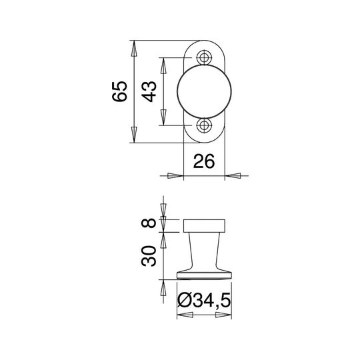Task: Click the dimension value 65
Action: pos(119,91)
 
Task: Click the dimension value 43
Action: pos(149,91)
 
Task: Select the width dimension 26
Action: pos(204,161)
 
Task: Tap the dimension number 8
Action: pos(149,223)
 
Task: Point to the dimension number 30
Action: pos(149,256)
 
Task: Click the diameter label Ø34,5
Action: pos(204,300)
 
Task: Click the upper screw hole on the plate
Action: pos(204,57)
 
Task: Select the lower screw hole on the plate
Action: pos(204,125)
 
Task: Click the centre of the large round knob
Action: pos(205,91)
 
